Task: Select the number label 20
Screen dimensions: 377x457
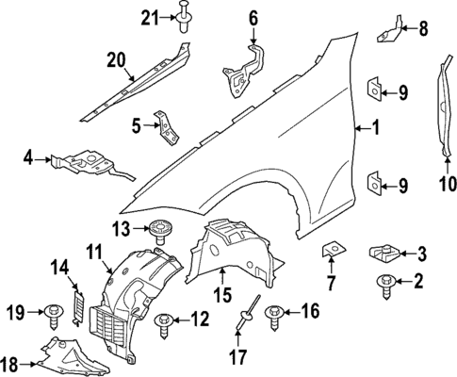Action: tap(115, 59)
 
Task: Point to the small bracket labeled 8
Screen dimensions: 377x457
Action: tap(388, 30)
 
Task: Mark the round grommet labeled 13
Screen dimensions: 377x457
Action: tap(157, 228)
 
